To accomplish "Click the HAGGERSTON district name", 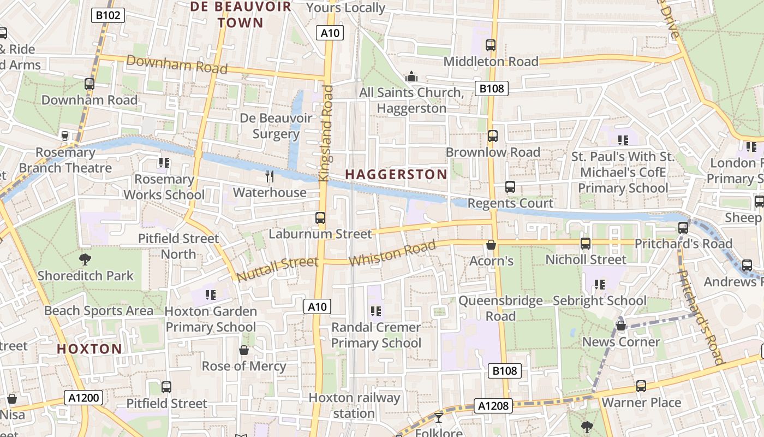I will [396, 174].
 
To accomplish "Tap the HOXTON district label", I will [89, 349].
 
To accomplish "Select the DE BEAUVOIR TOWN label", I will [226, 15].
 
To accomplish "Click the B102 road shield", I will [108, 15].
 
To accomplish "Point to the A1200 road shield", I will [85, 397].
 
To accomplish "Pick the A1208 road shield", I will [494, 405].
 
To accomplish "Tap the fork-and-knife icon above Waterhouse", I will [269, 176].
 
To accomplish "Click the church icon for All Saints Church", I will [411, 77].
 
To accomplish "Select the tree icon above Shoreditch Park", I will [85, 259].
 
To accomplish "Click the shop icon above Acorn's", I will [491, 245].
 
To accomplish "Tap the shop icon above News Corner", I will [620, 326].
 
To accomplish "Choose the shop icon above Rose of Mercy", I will [244, 350].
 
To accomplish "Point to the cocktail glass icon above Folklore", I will [438, 418].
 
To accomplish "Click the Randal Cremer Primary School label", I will [376, 335].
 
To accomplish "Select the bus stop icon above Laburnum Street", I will [320, 218].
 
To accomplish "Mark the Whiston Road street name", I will [392, 253].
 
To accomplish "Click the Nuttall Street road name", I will [277, 269].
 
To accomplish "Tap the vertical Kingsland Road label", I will [326, 133].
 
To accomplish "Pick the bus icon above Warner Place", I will [641, 386].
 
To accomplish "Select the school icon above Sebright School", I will [599, 285].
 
